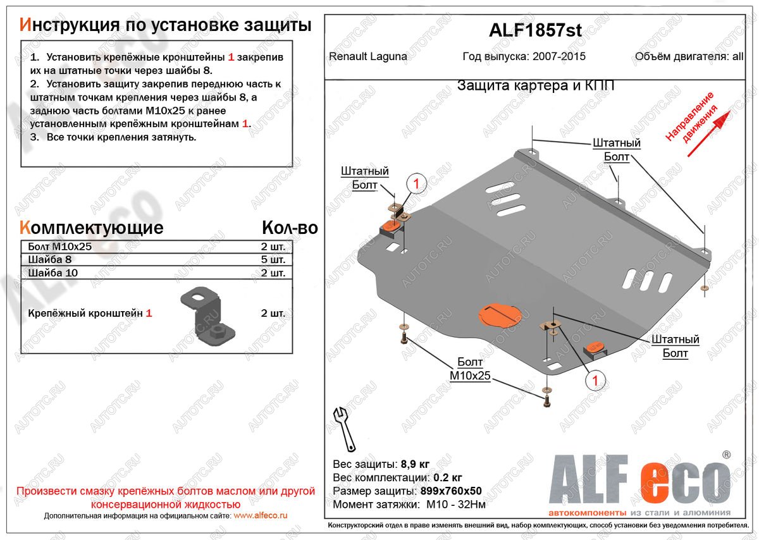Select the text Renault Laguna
[x=368, y=56]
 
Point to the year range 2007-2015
[x=559, y=56]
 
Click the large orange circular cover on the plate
[x=499, y=315]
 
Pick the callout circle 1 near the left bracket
[x=417, y=184]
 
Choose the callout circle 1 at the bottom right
[x=595, y=380]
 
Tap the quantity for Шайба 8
[x=273, y=260]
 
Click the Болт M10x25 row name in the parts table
[x=60, y=247]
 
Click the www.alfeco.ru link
[x=260, y=516]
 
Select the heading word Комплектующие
[x=92, y=228]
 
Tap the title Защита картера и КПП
[x=535, y=86]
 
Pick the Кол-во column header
[x=289, y=228]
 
